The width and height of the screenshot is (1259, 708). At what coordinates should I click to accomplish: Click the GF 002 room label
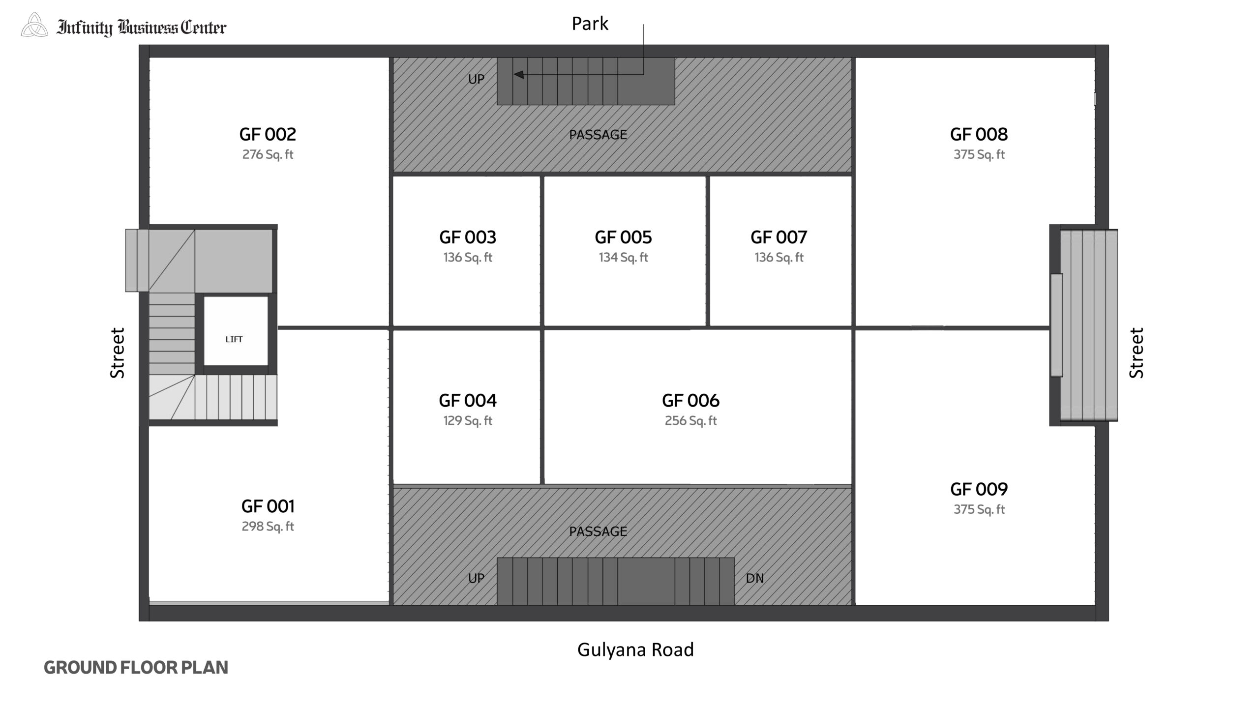point(268,134)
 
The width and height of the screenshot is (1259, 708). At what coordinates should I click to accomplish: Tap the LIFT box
point(236,331)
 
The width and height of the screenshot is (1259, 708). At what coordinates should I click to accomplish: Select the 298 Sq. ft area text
point(268,527)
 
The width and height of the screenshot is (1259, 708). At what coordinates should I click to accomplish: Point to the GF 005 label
point(623,237)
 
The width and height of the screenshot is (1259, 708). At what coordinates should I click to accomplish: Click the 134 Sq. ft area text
point(623,258)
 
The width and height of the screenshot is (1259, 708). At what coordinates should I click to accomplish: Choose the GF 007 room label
point(779,237)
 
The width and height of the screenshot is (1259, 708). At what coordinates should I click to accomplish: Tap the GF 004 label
point(468,401)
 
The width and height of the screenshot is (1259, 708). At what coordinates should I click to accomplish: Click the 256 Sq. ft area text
point(690,421)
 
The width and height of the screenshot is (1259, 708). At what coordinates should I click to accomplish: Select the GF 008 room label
point(979,134)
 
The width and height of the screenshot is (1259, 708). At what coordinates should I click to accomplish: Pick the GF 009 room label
point(979,489)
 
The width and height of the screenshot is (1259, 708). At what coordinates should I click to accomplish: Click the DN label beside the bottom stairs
point(754,578)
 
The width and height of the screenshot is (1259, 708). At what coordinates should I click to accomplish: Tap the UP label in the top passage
point(476,79)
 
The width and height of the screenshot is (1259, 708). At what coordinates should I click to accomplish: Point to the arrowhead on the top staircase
point(518,75)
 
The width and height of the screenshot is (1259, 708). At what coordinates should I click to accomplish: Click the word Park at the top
point(590,24)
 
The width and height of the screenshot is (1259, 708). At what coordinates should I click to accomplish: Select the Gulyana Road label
point(635,650)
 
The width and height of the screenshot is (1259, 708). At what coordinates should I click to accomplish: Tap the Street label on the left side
point(118,353)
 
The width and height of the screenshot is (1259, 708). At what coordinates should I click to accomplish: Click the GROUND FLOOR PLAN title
point(136,668)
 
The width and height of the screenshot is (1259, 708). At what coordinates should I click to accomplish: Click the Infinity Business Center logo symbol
point(34,26)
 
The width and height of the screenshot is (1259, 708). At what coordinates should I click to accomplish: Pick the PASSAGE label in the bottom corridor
point(598,531)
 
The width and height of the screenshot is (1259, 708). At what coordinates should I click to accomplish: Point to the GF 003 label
point(468,237)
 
